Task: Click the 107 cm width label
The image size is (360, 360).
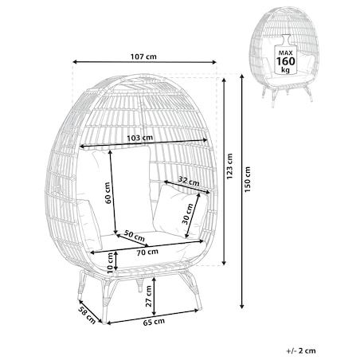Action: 143,57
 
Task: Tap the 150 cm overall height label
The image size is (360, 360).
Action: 248,179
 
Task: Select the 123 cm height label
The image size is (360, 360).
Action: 229,166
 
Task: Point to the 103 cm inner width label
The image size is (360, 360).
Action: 140,138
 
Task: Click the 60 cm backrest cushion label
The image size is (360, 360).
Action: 108,193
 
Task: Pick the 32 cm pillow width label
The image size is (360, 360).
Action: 189,181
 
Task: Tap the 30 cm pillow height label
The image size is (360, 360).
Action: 187,214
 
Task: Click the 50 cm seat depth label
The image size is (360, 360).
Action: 135,235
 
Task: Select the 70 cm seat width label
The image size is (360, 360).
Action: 147,252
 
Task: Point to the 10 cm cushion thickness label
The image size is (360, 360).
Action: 111,263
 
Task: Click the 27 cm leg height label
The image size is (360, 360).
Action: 149,296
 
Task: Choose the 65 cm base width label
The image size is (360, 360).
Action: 154,322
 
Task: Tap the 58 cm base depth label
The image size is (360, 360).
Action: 87,315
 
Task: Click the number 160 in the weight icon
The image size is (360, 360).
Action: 286,61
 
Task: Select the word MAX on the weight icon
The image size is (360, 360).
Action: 286,53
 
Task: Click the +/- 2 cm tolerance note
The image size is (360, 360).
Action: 301,350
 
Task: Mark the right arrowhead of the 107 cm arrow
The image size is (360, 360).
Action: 214,62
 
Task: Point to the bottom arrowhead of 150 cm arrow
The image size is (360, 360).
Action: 241,306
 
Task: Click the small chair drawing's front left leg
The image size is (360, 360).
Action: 272,98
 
